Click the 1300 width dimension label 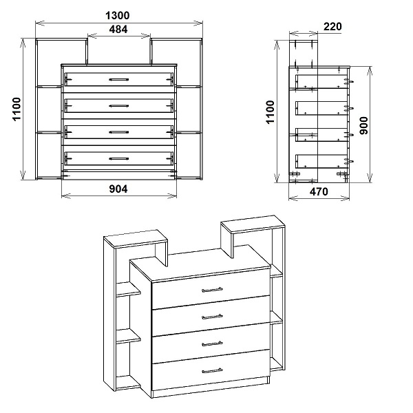tap(118, 16)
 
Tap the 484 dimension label tap(118, 29)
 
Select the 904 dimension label tap(118, 189)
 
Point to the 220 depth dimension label tap(332, 27)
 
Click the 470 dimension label tap(319, 191)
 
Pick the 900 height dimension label tap(363, 126)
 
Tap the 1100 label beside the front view tap(17, 109)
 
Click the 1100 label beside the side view tap(271, 112)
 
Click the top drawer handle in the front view tap(119, 79)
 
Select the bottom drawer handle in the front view tap(119, 159)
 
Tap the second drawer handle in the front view tap(119, 106)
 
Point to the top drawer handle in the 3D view tap(212, 290)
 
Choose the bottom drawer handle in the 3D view tap(212, 370)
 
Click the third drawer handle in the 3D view tap(212, 343)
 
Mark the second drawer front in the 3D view tap(211, 315)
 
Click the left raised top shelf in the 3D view tap(136, 239)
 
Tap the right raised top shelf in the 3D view tap(253, 224)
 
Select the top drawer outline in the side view tap(321, 81)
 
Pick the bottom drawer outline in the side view tap(321, 161)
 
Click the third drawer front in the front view tap(119, 132)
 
